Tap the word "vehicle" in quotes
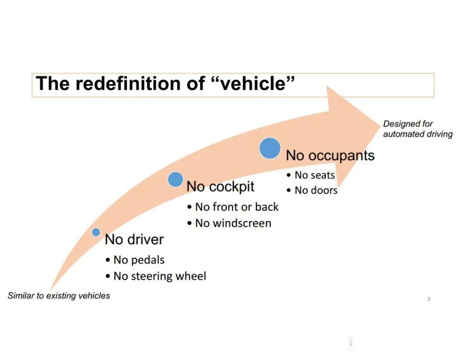pyautogui.click(x=254, y=83)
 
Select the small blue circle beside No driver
pyautogui.click(x=96, y=232)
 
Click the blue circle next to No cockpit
pyautogui.click(x=175, y=179)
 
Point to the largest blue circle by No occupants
pyautogui.click(x=270, y=148)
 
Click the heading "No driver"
pyautogui.click(x=134, y=239)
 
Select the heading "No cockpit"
pyautogui.click(x=220, y=186)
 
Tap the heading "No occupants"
pyautogui.click(x=330, y=155)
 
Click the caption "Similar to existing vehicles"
pyautogui.click(x=59, y=296)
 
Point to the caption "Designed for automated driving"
pyautogui.click(x=418, y=129)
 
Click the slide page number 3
pyautogui.click(x=428, y=299)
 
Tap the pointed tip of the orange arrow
pyautogui.click(x=381, y=126)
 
